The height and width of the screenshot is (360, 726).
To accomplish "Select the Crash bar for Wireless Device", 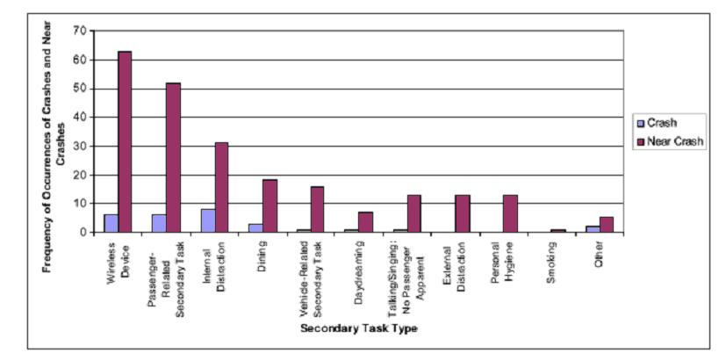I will click(111, 224).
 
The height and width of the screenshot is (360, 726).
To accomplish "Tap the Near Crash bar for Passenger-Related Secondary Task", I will click(173, 158).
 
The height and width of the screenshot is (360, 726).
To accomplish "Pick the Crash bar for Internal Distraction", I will click(207, 221).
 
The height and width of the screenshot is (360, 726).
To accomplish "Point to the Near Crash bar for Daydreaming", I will click(365, 223).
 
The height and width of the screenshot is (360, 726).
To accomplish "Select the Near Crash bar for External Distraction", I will click(462, 214).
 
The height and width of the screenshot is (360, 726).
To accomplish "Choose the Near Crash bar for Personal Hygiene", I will click(510, 214).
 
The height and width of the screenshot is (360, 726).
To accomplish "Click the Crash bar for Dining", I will click(255, 228).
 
